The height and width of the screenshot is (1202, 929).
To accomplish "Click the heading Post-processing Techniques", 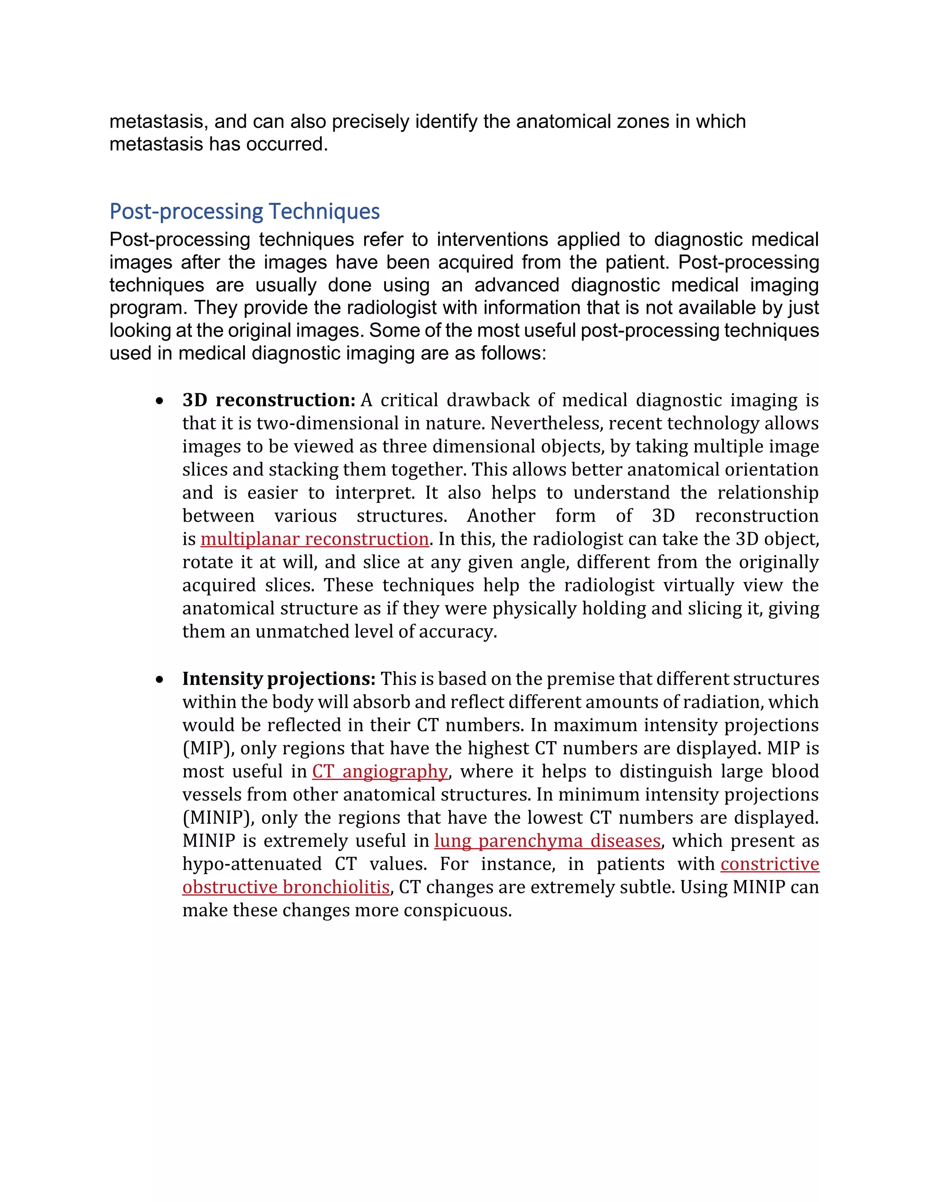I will click(x=244, y=211).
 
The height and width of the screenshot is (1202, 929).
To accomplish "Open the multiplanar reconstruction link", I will click(x=314, y=539).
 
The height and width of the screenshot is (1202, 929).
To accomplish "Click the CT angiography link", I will click(x=380, y=772).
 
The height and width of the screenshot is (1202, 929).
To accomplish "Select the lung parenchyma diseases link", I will click(x=547, y=841).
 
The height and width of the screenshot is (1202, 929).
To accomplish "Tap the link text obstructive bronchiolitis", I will click(x=286, y=887).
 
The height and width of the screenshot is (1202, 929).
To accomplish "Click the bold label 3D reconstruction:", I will click(x=269, y=400).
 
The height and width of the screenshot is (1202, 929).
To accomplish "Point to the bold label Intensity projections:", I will click(x=279, y=679).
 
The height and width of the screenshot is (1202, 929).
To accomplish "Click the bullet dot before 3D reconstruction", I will click(x=160, y=401).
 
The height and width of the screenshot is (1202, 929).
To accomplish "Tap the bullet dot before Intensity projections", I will click(x=160, y=680).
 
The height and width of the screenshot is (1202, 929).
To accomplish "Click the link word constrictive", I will click(x=769, y=864).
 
